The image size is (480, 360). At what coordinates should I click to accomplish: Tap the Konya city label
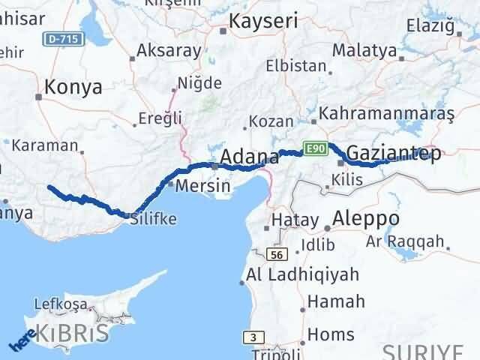[x=73, y=87]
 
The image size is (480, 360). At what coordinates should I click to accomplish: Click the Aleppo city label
[x=368, y=218]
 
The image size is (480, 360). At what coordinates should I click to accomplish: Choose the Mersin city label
[x=202, y=184]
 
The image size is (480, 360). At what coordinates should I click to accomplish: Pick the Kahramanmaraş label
[x=387, y=114]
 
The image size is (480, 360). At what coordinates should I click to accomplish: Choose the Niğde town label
[x=199, y=82]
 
